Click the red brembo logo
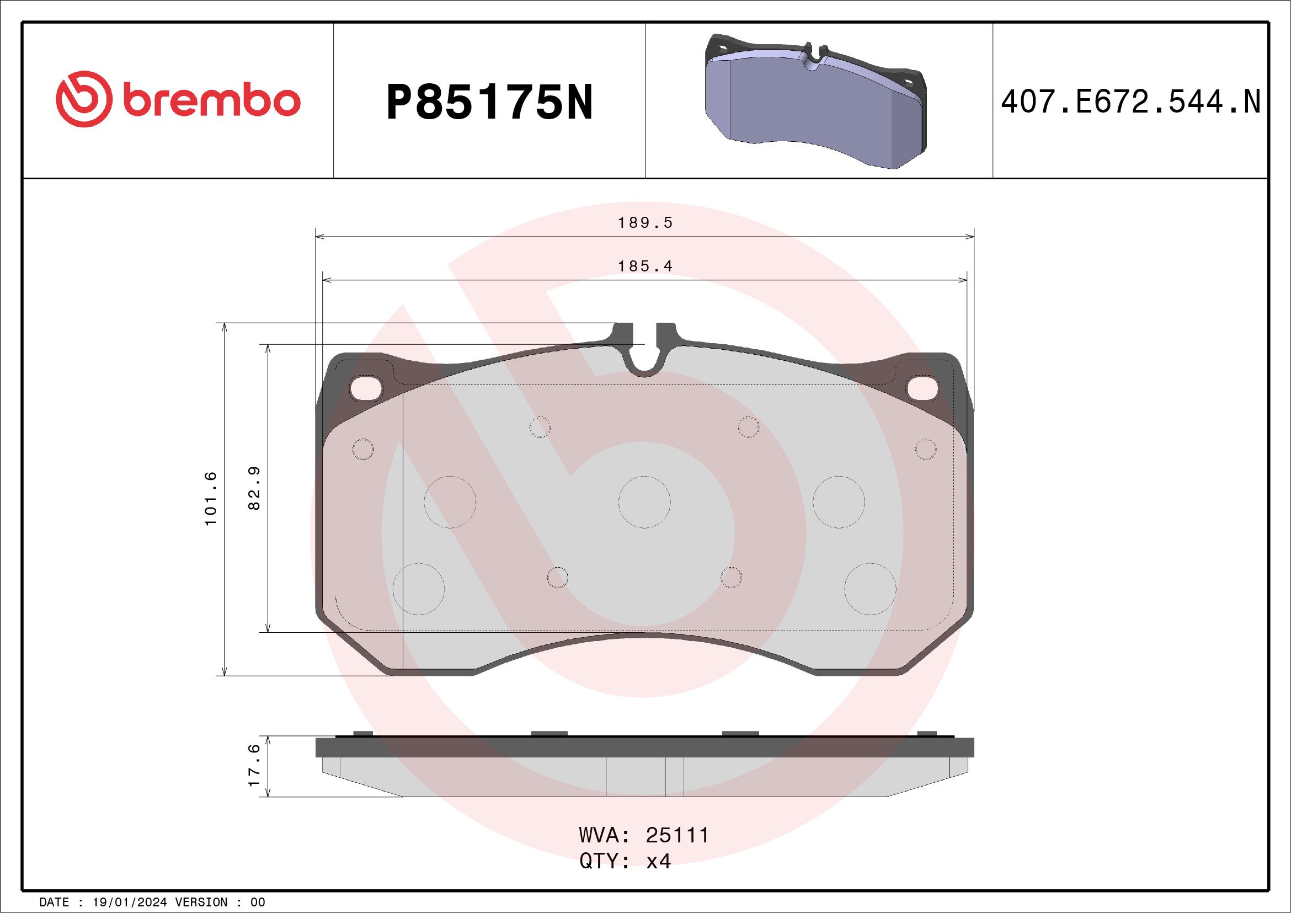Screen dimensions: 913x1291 [x=178, y=100]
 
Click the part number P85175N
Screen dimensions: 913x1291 [x=489, y=103]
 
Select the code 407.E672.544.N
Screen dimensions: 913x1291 [x=1130, y=102]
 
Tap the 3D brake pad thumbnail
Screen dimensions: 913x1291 [x=816, y=101]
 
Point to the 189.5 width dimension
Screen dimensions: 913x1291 [x=645, y=223]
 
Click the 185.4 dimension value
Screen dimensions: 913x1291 [x=645, y=266]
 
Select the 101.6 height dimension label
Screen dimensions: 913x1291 [x=211, y=499]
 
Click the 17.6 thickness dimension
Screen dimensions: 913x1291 [x=255, y=765]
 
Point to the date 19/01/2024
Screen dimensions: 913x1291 [x=129, y=903]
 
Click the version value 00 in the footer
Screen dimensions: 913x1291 [x=258, y=903]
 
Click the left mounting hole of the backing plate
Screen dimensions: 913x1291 [x=365, y=388]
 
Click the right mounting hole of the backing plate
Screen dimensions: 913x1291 [x=922, y=388]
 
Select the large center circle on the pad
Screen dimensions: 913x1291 [x=644, y=502]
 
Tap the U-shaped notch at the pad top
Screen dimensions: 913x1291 [x=645, y=360]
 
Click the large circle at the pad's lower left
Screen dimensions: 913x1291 [x=419, y=589]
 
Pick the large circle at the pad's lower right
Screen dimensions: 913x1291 [x=871, y=589]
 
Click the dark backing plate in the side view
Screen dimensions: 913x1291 [x=644, y=748]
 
